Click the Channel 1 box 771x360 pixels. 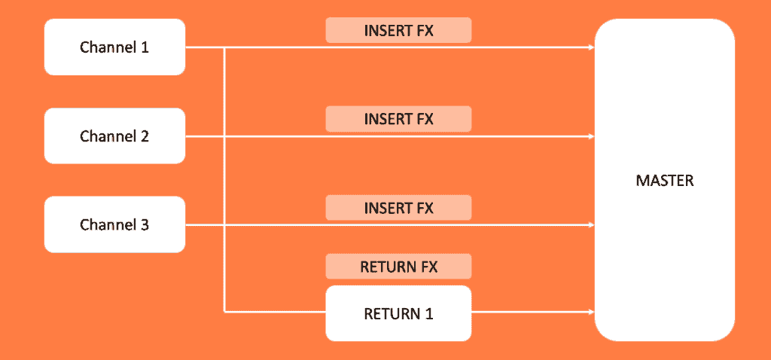pos(114,47)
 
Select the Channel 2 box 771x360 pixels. pos(114,136)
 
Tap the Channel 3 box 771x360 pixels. pos(114,224)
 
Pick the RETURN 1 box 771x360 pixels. pos(398,313)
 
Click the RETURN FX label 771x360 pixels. pos(398,267)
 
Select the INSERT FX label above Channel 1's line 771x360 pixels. pos(398,30)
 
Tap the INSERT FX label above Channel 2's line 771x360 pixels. pos(398,119)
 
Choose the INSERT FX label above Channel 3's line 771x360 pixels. pos(398,208)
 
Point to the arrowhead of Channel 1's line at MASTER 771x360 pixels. pos(591,47)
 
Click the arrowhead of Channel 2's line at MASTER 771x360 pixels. pos(591,136)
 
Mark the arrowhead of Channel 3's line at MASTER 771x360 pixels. pos(591,224)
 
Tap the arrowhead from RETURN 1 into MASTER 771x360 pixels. pos(591,311)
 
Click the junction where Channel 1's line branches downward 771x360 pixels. pos(225,47)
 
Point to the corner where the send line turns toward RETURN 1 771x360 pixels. pos(225,311)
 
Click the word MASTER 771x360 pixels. pos(664,181)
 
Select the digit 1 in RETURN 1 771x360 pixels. pos(429,313)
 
